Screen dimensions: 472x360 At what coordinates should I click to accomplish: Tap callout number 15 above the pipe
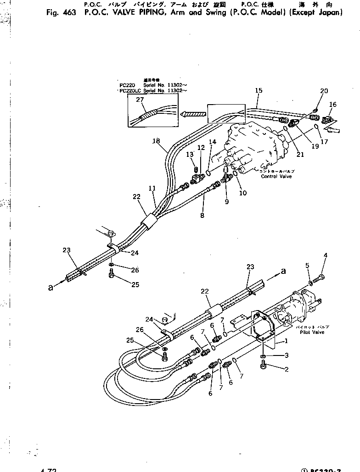point(259,91)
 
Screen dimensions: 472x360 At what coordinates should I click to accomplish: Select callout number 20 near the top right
point(324,91)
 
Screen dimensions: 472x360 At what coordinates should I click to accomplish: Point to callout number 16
point(333,105)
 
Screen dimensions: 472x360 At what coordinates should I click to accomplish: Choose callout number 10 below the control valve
point(243,193)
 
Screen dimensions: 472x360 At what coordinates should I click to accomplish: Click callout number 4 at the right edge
point(326,255)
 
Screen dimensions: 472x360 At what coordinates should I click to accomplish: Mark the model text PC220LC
point(130,91)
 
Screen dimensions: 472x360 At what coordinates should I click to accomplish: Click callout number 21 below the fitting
point(300,155)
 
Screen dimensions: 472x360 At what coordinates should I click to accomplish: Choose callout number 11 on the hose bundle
point(152,189)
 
